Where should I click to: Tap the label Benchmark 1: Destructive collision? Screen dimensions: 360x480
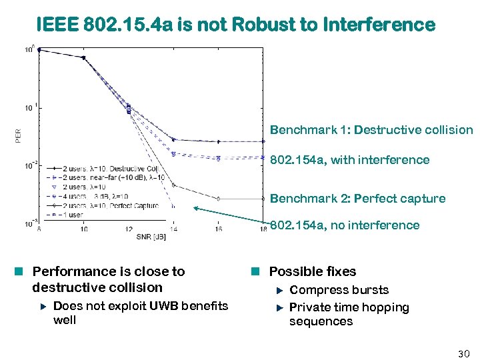coord(371,130)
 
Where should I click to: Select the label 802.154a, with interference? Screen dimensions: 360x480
coord(349,160)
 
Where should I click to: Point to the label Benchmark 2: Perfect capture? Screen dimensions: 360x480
coord(357,199)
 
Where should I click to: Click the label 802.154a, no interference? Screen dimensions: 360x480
coord(345,225)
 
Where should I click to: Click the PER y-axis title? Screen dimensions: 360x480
coord(18,136)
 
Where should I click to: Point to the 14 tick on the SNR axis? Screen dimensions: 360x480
coord(173,229)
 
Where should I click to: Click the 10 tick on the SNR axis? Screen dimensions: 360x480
coord(83,229)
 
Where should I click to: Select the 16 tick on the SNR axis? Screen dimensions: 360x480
coord(219,229)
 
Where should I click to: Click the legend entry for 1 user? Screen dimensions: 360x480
coord(77,215)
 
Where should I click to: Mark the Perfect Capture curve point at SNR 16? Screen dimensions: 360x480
coord(219,199)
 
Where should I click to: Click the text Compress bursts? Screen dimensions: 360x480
coord(339,290)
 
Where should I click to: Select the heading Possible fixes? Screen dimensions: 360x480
coord(312,271)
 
